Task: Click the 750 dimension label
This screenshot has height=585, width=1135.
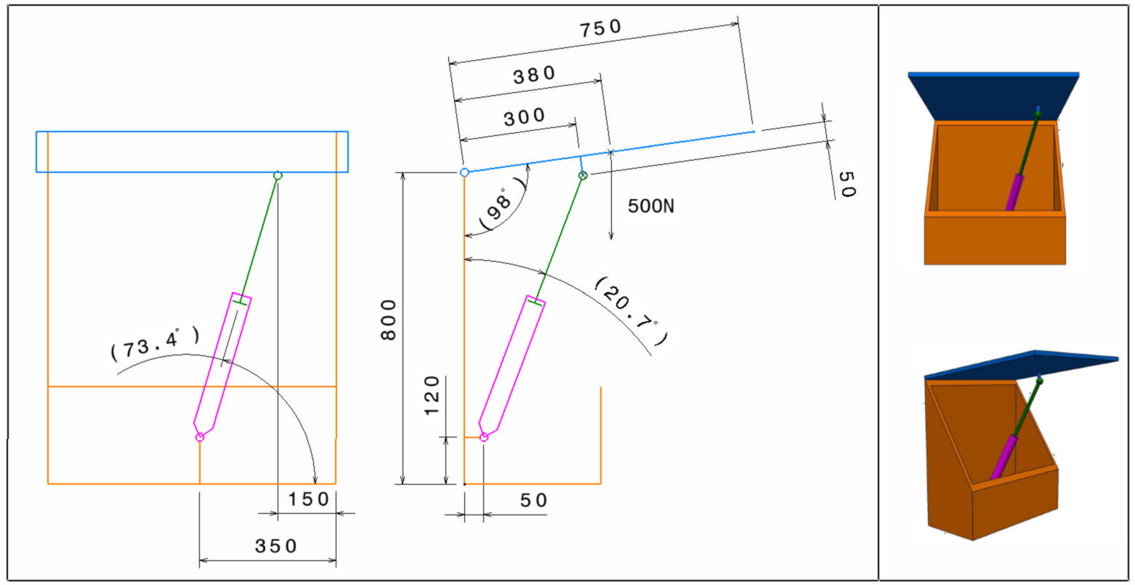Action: [x=600, y=28]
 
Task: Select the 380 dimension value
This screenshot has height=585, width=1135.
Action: [x=535, y=75]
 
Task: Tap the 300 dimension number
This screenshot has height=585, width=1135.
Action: [x=525, y=117]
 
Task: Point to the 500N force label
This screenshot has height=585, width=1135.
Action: [x=651, y=206]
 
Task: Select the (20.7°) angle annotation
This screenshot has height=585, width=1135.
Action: [x=630, y=311]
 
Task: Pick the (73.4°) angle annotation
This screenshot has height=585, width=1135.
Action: [x=155, y=344]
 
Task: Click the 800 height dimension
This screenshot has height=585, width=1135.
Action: [x=389, y=320]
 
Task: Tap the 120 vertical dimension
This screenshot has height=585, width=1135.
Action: [x=432, y=396]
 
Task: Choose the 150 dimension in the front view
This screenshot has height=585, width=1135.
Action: [x=309, y=499]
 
